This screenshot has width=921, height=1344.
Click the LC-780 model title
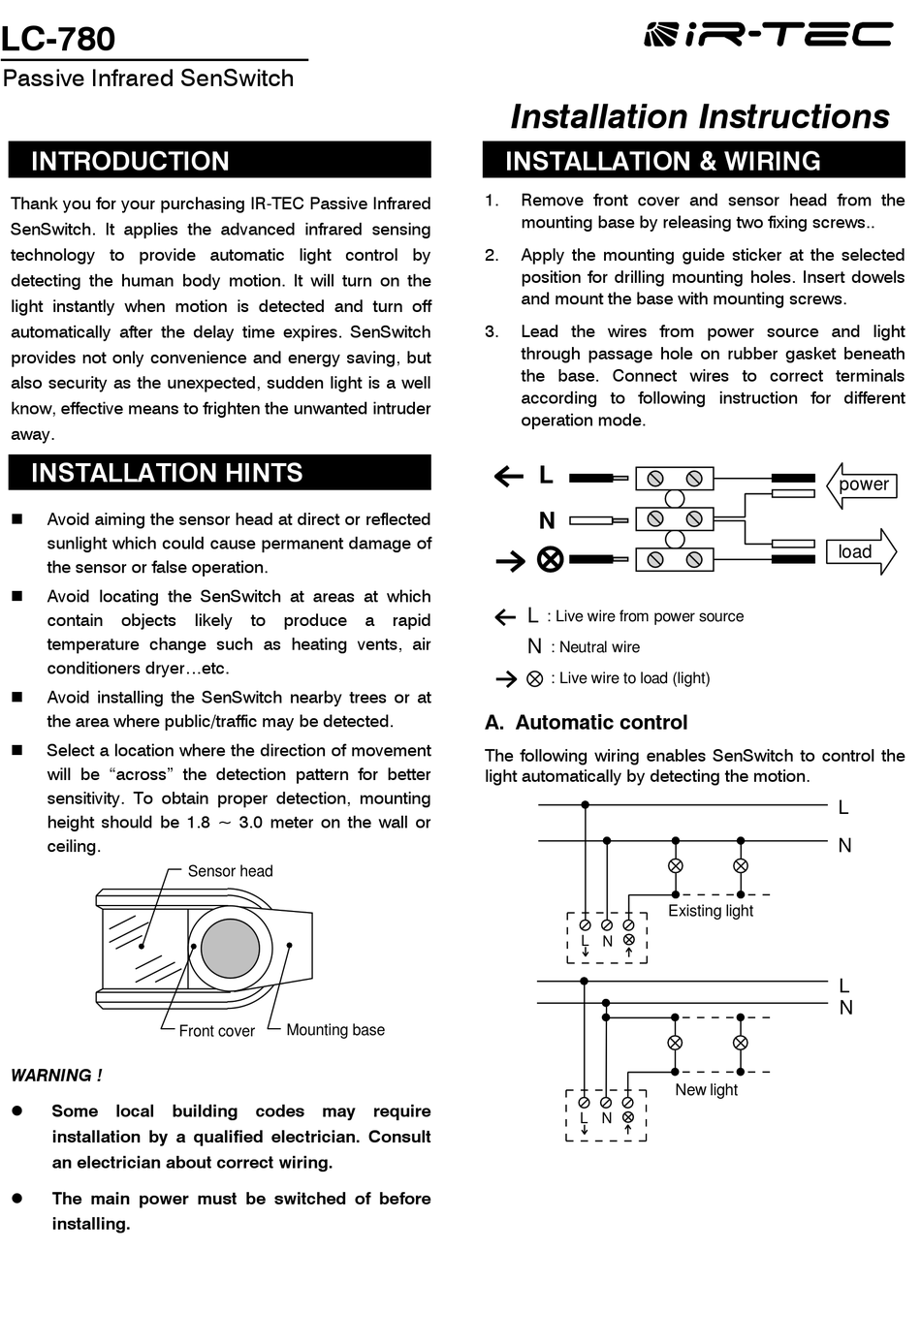58,39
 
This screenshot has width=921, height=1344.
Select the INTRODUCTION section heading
130,161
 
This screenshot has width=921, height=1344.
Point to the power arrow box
861,484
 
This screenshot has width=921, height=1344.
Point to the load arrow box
859,551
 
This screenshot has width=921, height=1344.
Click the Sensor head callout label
230,871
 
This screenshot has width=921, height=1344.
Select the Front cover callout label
216,1031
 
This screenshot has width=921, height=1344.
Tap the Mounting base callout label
335,1030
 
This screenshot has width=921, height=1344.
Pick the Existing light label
710,911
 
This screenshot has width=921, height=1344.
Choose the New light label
706,1090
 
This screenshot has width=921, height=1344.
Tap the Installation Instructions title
699,116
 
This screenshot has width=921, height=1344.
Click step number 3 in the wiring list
492,331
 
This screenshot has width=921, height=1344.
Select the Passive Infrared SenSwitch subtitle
148,78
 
